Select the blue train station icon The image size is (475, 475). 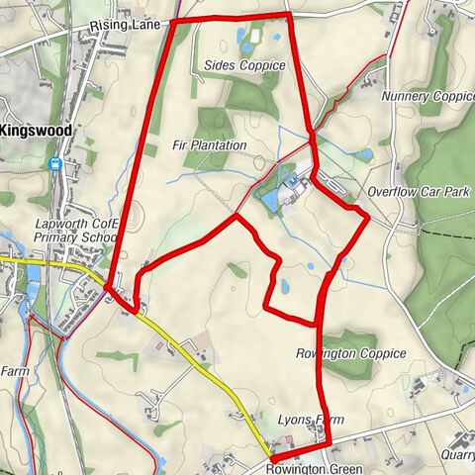[57, 164]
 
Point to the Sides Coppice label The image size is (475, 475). [244, 65]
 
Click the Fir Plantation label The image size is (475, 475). [209, 145]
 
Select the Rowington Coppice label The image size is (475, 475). [350, 352]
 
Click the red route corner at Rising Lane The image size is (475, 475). [175, 21]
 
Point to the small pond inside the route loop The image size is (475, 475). [285, 286]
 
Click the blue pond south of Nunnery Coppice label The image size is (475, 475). [365, 154]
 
